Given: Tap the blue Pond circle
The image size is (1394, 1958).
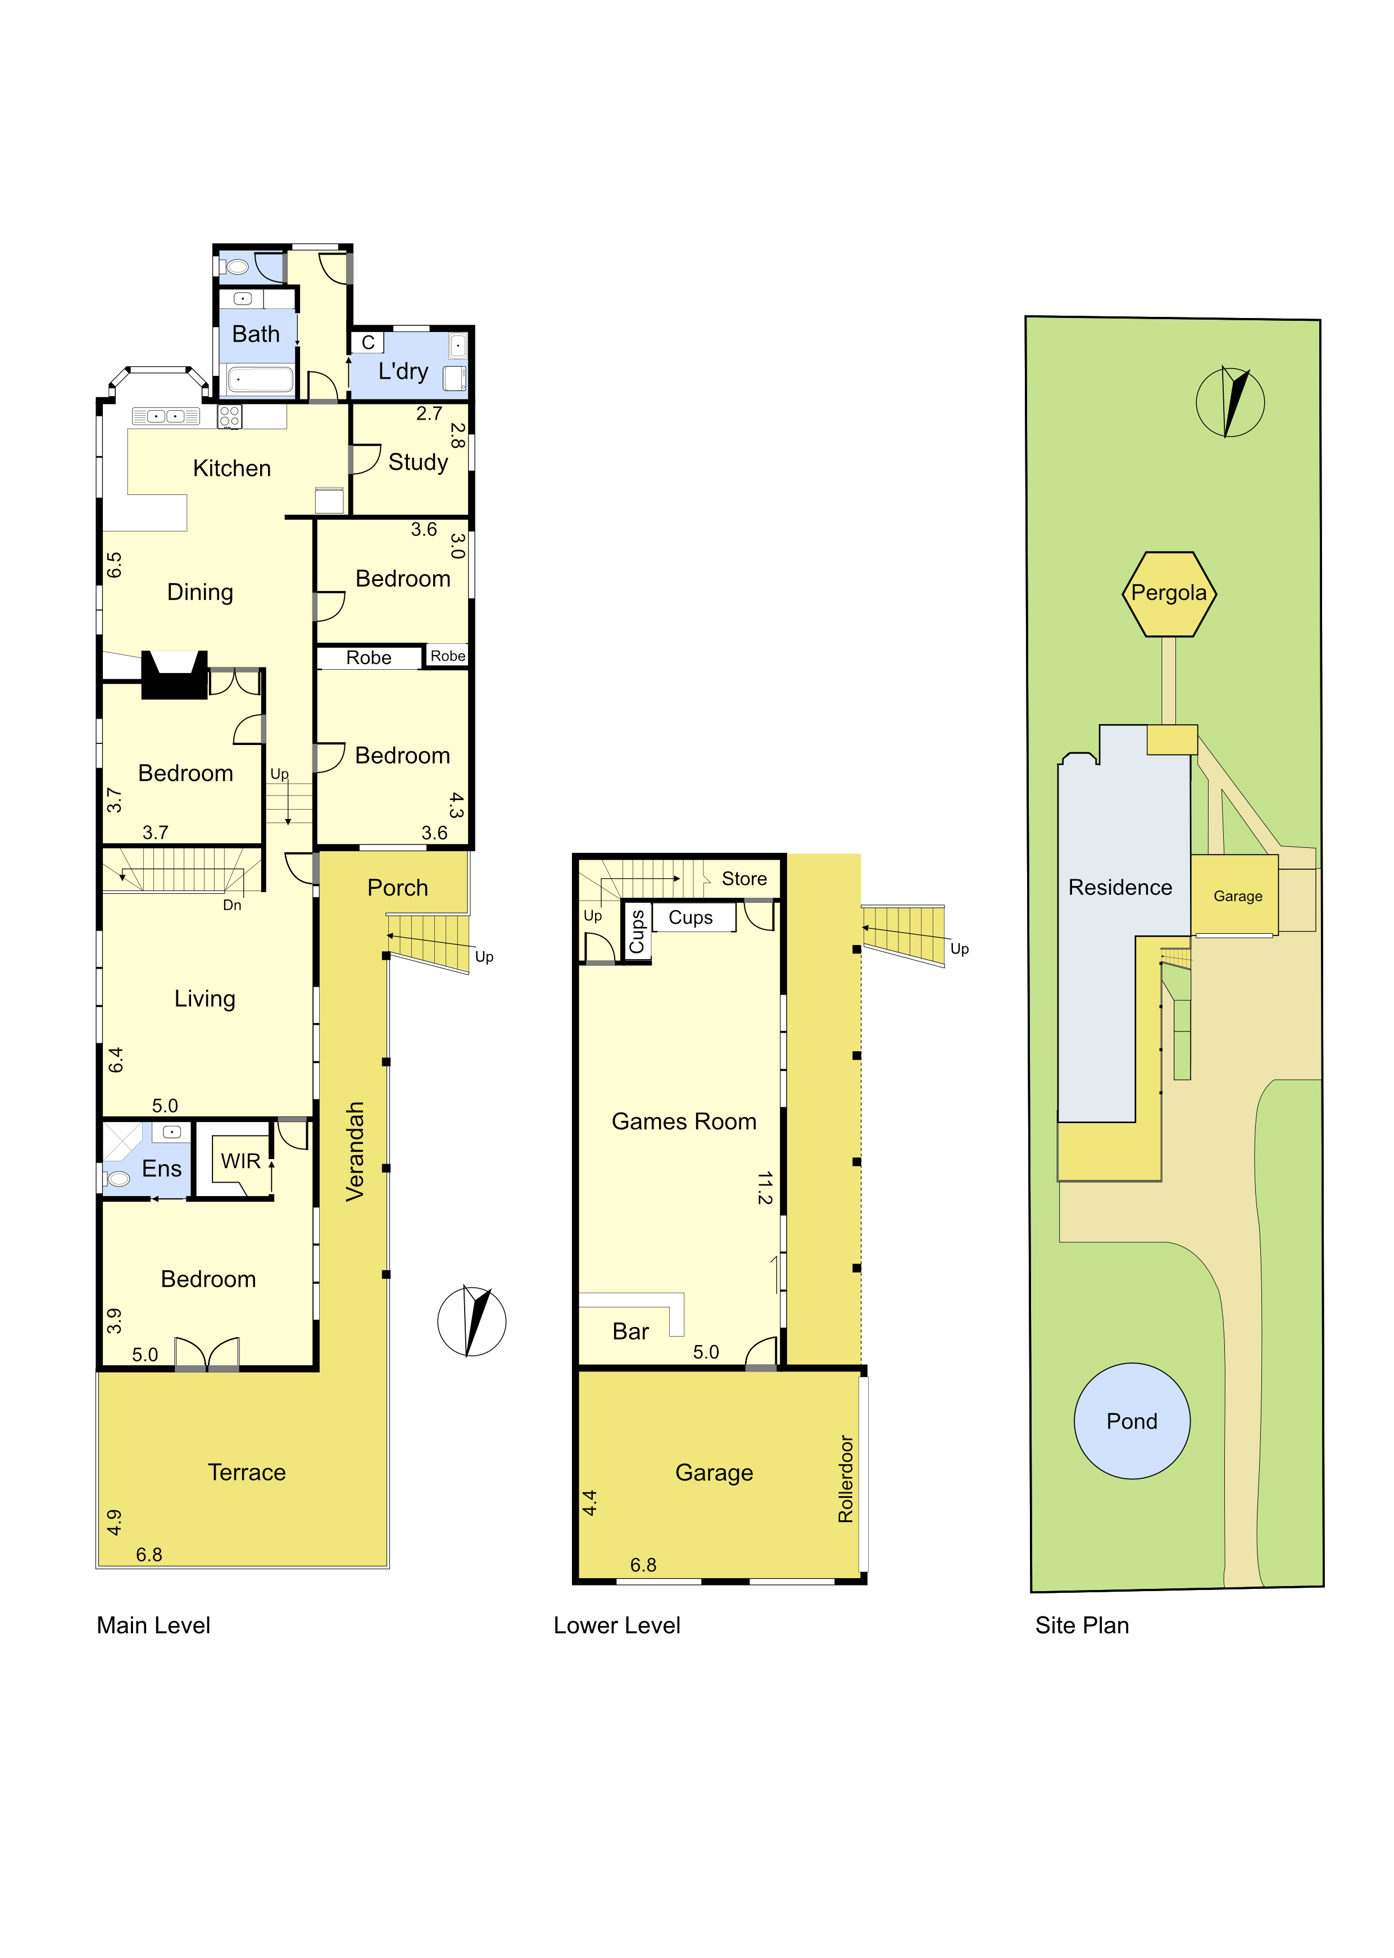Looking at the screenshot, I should [x=1132, y=1421].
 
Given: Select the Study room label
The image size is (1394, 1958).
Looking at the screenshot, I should [x=418, y=463].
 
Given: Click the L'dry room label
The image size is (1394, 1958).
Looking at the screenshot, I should [x=402, y=372].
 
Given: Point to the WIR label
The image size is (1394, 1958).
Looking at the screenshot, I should [x=240, y=1161].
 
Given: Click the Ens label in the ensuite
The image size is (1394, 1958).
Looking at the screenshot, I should [x=161, y=1169].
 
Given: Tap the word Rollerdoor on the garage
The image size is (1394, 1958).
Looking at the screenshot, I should [x=846, y=1479].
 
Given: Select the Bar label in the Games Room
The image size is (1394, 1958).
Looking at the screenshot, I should [x=630, y=1332].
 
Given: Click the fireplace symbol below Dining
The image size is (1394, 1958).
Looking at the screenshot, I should [x=174, y=675].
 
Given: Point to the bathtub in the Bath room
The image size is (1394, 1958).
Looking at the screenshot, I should [x=261, y=379].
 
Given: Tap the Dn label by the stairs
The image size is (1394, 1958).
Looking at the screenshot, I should [x=231, y=905].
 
